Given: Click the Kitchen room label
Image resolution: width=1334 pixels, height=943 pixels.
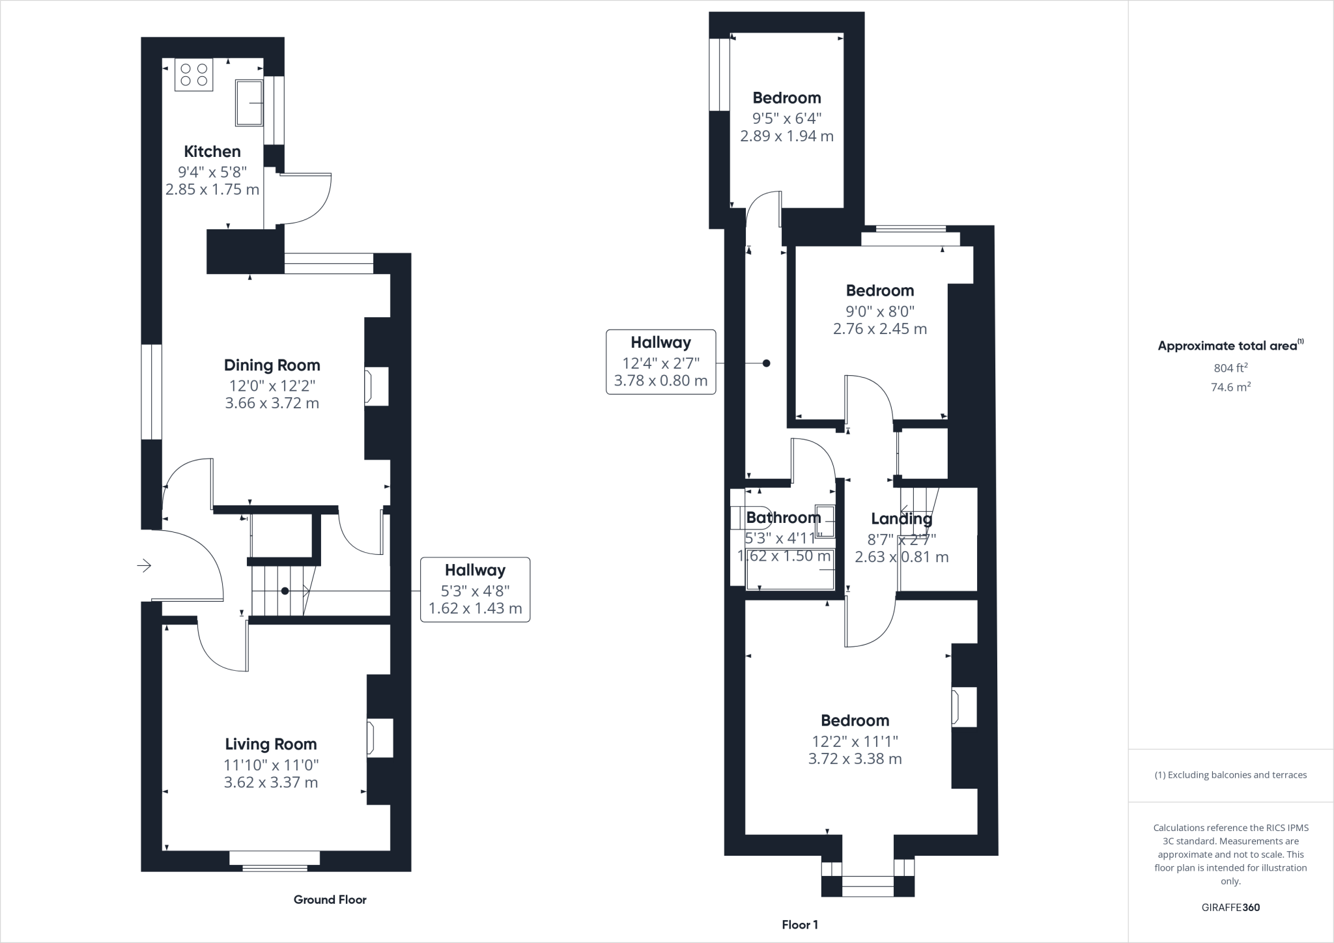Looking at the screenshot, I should click(212, 152).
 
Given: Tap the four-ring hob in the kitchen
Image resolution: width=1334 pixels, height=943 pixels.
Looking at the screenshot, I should click(194, 75).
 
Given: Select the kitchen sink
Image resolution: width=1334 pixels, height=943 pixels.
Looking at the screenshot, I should click(249, 102).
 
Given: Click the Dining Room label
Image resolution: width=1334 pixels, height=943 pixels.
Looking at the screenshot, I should click(272, 365).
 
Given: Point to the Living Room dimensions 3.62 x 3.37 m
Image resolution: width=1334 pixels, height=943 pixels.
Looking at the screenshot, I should click(271, 782).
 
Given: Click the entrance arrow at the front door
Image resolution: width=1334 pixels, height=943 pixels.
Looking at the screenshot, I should click(145, 565).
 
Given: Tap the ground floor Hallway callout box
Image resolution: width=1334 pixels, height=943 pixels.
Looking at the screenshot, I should click(475, 589).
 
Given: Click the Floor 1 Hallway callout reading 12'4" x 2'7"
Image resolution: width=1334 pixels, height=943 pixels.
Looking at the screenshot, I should click(660, 361).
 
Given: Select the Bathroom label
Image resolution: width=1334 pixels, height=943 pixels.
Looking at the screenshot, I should click(784, 518).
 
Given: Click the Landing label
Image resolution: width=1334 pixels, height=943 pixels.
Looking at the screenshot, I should click(901, 519).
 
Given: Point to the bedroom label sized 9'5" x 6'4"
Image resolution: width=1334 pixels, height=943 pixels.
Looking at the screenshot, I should click(787, 98).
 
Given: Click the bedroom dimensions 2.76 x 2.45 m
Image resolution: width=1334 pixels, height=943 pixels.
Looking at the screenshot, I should click(880, 329).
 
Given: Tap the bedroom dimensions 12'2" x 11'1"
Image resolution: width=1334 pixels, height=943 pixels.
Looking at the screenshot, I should click(855, 740).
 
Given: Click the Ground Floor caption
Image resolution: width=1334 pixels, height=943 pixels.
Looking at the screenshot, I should click(330, 899).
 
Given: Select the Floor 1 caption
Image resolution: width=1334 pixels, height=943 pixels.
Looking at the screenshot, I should click(800, 925).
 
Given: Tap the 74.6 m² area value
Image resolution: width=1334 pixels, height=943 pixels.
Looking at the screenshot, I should click(1230, 387).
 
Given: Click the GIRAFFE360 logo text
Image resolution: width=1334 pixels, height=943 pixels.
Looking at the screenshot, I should click(1230, 907).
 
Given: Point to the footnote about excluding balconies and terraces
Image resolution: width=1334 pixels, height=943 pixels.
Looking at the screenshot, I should click(1230, 775).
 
